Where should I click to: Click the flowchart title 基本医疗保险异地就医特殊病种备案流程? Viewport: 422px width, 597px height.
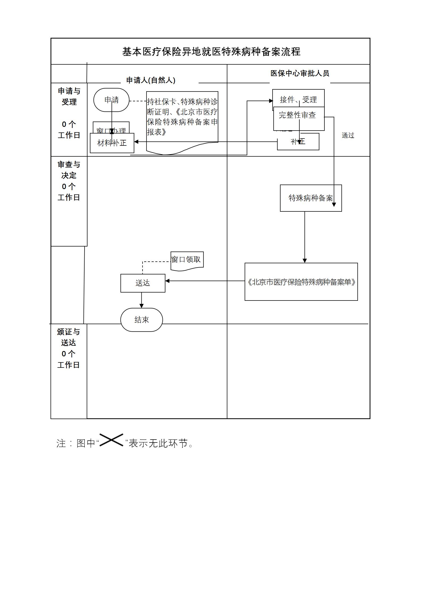coord(211,52)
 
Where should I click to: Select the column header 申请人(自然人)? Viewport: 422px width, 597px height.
coord(151,80)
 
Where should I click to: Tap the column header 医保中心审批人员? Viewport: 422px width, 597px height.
coord(300,73)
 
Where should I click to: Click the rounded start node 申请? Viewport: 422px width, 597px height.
coord(111,100)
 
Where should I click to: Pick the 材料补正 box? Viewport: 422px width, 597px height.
coord(112,143)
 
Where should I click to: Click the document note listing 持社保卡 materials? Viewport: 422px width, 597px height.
coord(182,117)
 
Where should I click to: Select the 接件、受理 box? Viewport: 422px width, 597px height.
coord(298,99)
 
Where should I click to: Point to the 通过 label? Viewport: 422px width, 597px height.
coord(348,135)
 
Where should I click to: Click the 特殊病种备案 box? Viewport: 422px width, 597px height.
coord(311,198)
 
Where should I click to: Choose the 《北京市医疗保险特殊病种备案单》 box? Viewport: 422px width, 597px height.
coord(301,282)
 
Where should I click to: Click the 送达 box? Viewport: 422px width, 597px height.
coord(143,283)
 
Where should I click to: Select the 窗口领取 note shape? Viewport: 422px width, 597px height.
coord(187,260)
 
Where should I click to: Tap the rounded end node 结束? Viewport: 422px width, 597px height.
coord(141,320)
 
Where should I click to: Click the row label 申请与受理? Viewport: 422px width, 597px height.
coord(69,97)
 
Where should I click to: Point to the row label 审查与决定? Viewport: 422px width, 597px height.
coord(69,170)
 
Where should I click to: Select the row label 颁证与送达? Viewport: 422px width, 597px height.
coord(68,337)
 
